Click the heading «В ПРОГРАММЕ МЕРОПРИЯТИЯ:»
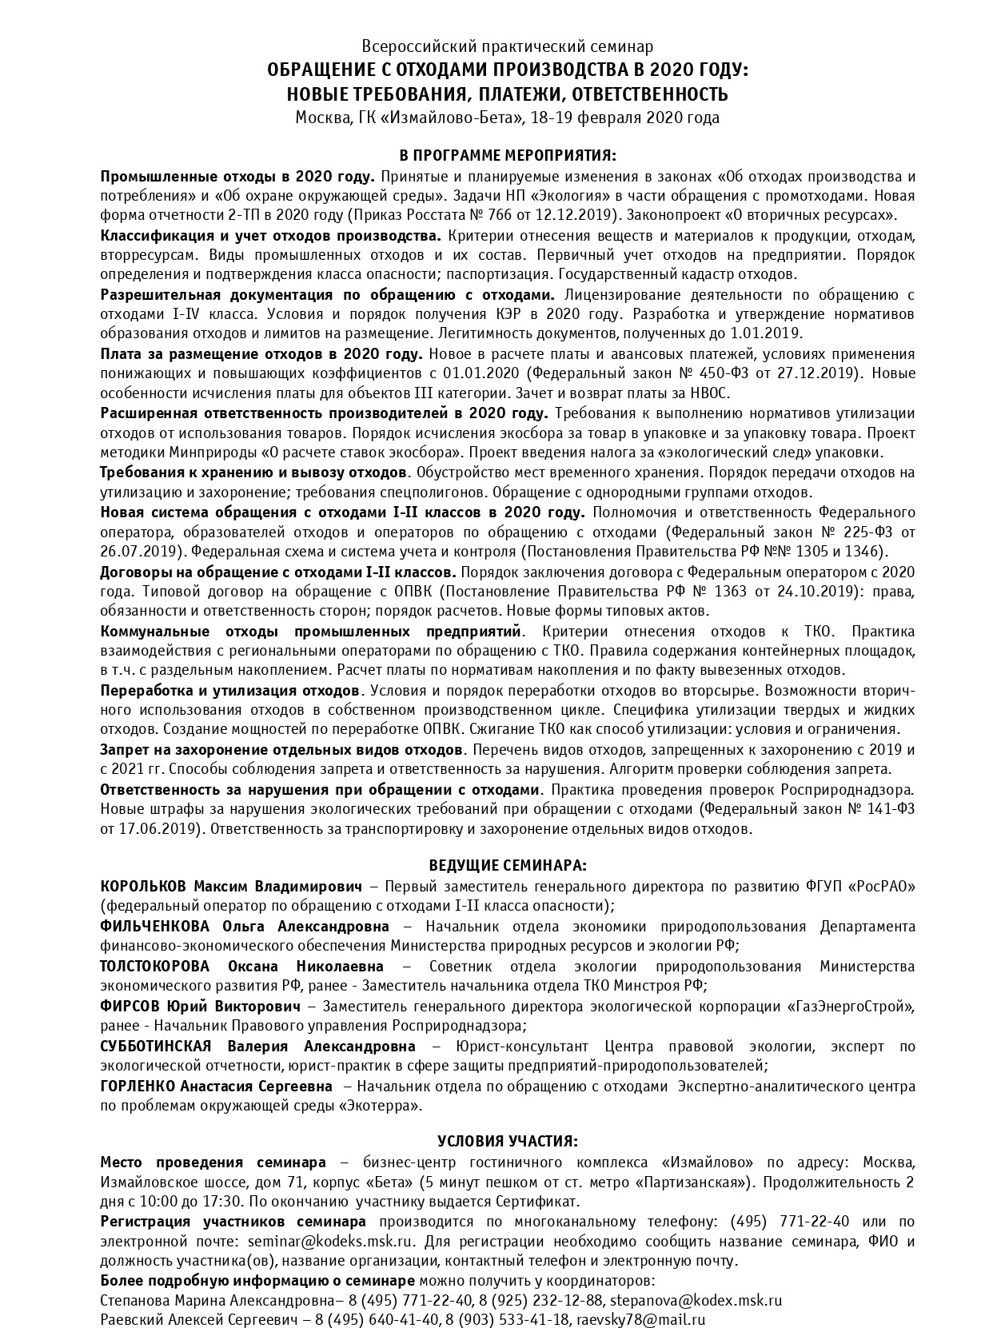(508, 155)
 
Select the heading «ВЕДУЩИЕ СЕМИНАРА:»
(508, 865)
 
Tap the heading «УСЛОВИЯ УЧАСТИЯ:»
(508, 1140)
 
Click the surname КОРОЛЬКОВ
(143, 886)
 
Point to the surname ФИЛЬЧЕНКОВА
(155, 926)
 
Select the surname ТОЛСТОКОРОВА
(154, 966)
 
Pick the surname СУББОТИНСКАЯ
(155, 1046)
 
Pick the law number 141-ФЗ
(885, 809)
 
